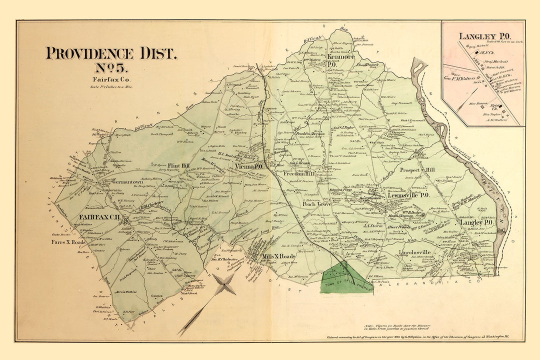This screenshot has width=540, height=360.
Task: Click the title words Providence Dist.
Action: point(111,53)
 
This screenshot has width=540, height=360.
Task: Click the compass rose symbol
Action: point(226,285)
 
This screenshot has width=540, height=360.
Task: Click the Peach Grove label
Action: point(317,204)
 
